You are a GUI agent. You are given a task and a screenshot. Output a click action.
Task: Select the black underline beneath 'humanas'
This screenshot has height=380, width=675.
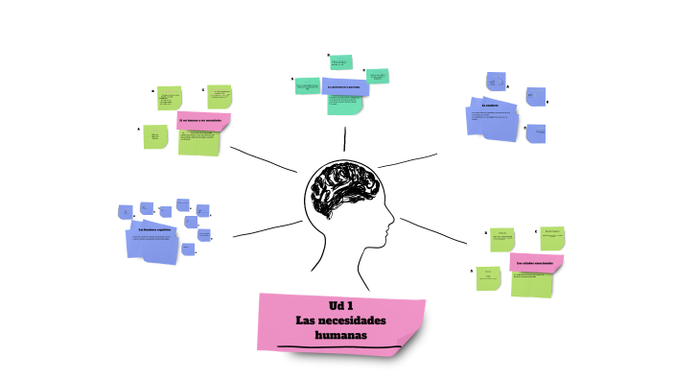[335, 344]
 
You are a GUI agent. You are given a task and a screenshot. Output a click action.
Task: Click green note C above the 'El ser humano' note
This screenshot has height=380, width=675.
[220, 96]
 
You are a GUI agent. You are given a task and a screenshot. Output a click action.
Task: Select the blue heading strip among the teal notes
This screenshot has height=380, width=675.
[345, 87]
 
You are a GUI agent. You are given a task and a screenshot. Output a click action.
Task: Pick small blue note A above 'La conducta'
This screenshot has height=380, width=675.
[496, 81]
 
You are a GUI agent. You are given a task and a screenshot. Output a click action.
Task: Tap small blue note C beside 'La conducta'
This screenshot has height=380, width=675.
[537, 131]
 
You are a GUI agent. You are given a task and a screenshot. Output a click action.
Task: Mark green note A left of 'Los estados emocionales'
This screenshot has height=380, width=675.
[487, 277]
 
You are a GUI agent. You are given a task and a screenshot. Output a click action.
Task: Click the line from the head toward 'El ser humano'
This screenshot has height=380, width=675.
[263, 159]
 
